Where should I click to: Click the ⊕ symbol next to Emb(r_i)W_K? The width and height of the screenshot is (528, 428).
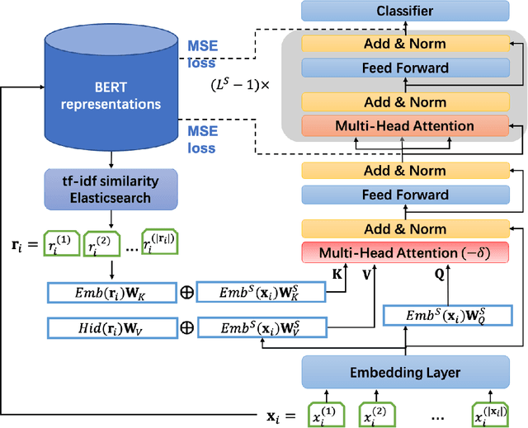click(187, 292)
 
